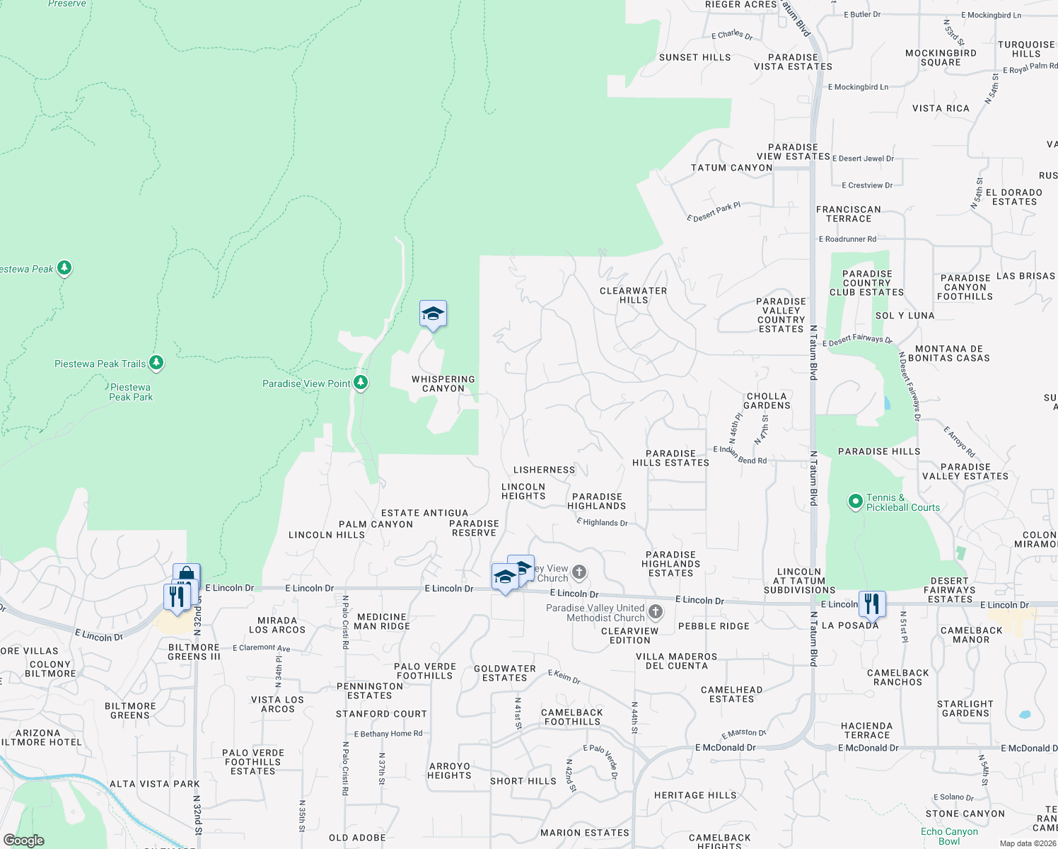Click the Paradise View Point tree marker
(x=361, y=383)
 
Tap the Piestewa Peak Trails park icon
(x=156, y=363)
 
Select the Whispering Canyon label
(x=443, y=383)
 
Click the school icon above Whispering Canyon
(x=433, y=314)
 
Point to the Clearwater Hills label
(x=633, y=295)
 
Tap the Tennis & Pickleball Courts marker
(x=856, y=502)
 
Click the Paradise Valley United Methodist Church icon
(x=656, y=611)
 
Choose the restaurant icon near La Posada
(x=872, y=603)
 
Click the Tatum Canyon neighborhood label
(x=731, y=168)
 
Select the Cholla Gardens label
(x=767, y=400)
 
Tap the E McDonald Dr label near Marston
(x=725, y=747)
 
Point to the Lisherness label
(x=544, y=470)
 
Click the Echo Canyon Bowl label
(x=949, y=836)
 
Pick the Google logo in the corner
(x=24, y=841)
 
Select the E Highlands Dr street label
(x=602, y=522)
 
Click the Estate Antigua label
(x=424, y=513)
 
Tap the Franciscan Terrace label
(x=849, y=214)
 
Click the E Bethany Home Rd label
(x=388, y=734)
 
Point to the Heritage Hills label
(x=695, y=795)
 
